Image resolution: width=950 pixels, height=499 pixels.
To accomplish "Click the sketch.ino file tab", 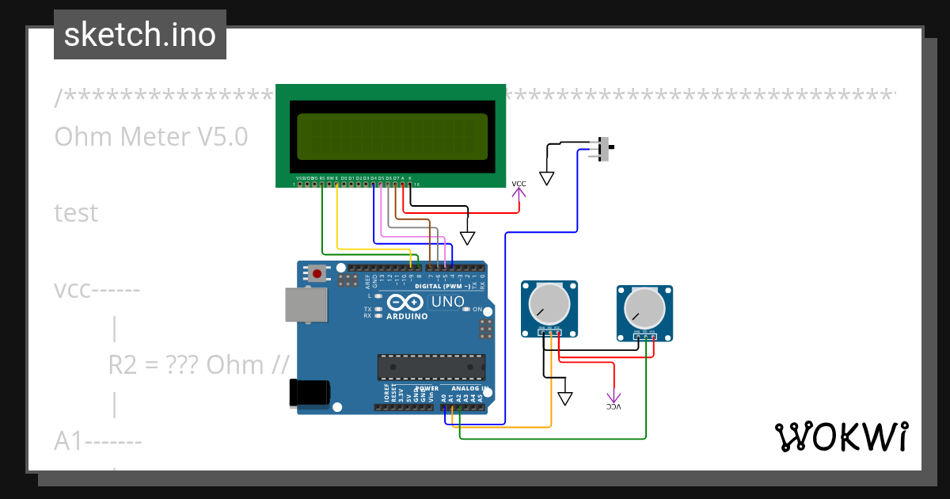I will pyautogui.click(x=140, y=35).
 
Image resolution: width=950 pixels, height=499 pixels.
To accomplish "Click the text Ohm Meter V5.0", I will pyautogui.click(x=151, y=137).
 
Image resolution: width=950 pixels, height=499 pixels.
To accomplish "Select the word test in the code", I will pyautogui.click(x=76, y=213).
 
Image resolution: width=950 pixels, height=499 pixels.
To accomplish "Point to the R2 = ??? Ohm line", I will pyautogui.click(x=198, y=364).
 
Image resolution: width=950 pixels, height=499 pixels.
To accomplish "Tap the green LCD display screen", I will pyautogui.click(x=392, y=135).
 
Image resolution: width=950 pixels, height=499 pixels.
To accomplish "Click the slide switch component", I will pyautogui.click(x=605, y=149).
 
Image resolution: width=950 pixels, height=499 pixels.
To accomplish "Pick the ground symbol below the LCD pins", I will pyautogui.click(x=468, y=238).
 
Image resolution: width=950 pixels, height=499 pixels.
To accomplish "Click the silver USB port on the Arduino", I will pyautogui.click(x=305, y=305).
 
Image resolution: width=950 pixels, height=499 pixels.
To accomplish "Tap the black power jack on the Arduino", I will pyautogui.click(x=309, y=394).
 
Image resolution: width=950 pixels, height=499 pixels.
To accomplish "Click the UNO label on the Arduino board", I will pyautogui.click(x=448, y=303).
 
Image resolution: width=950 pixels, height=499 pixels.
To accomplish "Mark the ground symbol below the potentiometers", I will pyautogui.click(x=564, y=398).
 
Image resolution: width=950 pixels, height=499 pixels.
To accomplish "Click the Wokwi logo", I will pyautogui.click(x=841, y=436).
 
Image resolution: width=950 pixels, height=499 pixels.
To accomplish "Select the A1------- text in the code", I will pyautogui.click(x=98, y=440).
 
